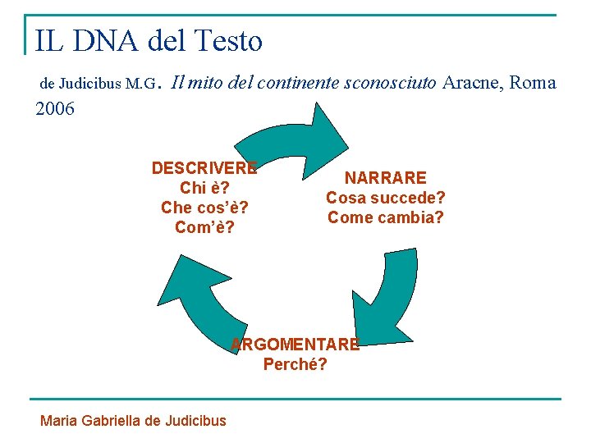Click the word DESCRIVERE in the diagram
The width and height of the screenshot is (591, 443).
204,168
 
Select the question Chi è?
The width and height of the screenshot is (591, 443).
204,188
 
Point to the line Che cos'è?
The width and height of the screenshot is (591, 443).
204,208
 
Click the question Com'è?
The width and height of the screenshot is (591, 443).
204,227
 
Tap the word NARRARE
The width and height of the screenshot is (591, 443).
385,178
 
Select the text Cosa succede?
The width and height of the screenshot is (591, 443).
385,198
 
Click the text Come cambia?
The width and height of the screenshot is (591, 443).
385,217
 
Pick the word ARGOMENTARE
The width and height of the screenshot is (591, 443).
295,345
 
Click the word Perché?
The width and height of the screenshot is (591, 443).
295,364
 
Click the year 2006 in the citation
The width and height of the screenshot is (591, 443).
56,108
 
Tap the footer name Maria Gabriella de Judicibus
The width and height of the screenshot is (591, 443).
133,421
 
